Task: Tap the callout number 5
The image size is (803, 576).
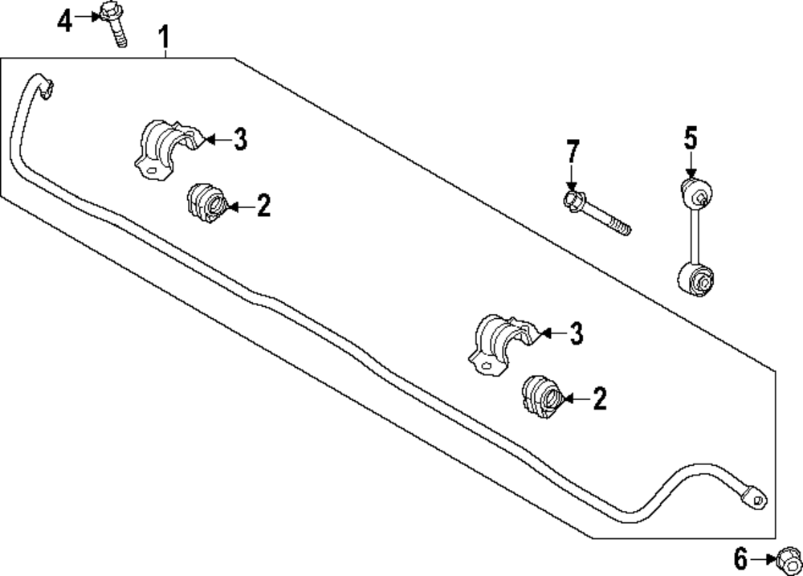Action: click(x=691, y=139)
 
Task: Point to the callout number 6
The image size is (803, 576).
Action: click(x=740, y=557)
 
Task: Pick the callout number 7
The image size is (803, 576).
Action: click(x=572, y=151)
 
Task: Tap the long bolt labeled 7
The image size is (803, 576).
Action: click(x=597, y=212)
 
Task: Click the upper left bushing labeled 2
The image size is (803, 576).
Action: click(x=207, y=204)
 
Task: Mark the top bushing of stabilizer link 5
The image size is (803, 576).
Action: click(x=695, y=194)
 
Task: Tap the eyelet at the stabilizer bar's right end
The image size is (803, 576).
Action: click(x=755, y=497)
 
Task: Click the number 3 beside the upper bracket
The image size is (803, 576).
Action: click(x=239, y=141)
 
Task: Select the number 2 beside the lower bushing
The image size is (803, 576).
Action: click(x=599, y=398)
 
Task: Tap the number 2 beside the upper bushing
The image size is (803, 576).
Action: click(x=263, y=206)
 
